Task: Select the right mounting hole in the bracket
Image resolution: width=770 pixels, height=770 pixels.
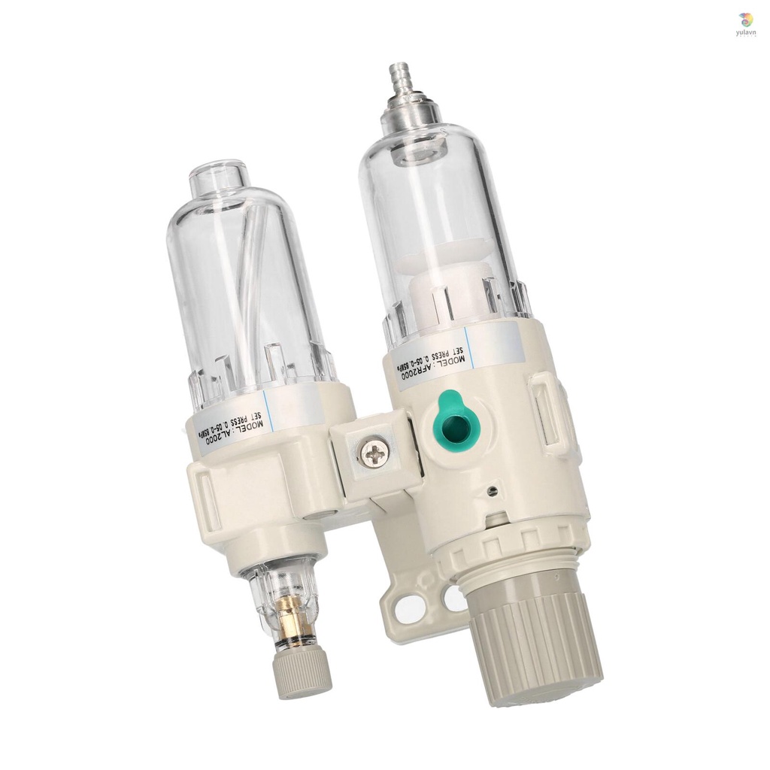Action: click(x=454, y=599)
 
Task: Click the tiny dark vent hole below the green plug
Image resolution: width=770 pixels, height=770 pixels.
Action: click(x=491, y=491)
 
